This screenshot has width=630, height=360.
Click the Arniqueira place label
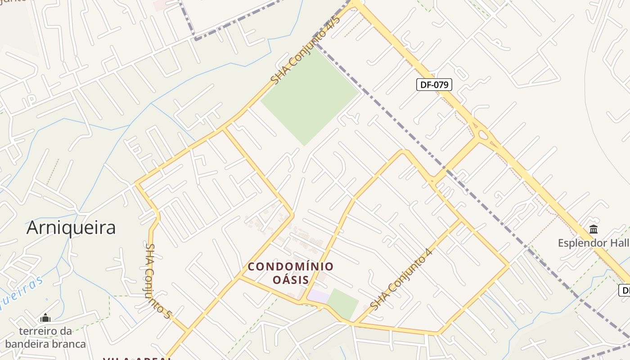click(x=71, y=228)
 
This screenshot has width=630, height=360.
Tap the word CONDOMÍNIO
click(x=291, y=267)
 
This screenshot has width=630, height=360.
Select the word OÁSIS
click(x=291, y=280)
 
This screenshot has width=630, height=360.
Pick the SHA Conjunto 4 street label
click(x=401, y=279)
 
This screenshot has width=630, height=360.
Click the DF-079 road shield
click(x=434, y=85)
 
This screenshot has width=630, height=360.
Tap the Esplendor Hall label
click(x=593, y=243)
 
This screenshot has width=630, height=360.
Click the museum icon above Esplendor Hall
click(x=594, y=229)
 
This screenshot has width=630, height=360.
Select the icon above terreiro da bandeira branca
click(x=45, y=318)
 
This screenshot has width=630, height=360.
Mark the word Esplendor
click(x=581, y=243)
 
